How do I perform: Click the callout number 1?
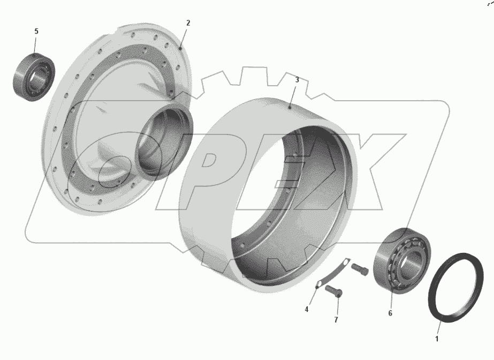coord(437,339)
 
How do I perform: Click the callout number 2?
coord(188,23)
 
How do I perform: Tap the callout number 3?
coord(297,80)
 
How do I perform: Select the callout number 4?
coord(307,310)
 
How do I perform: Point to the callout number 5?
coord(36,31)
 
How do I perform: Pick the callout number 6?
coord(390,313)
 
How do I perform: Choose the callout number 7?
coord(336,320)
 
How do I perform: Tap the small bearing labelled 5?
coord(34,77)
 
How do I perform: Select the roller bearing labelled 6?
coord(402,261)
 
